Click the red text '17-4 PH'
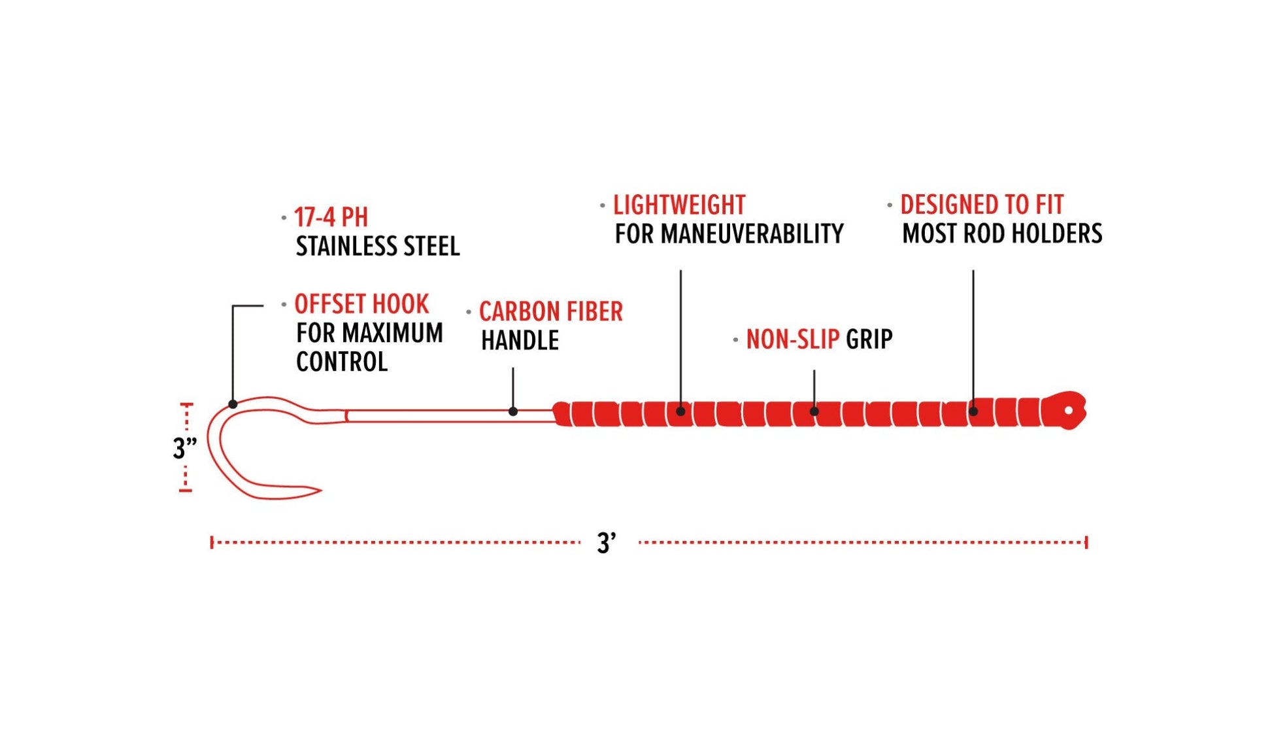coord(331,217)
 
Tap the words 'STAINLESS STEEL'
coord(378,247)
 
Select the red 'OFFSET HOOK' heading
coord(361,304)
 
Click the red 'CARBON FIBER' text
coord(551,311)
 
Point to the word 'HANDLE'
coord(520,340)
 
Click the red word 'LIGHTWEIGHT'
coord(679,205)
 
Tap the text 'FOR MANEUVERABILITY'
coord(729,233)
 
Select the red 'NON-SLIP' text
coord(793,339)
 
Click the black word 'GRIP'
coord(869,339)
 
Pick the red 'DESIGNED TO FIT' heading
coord(982,204)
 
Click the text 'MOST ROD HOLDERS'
coord(1002,233)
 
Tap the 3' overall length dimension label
coord(607,543)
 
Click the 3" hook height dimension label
coord(185,448)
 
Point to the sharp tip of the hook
coord(320,489)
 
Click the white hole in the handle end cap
coord(1069,411)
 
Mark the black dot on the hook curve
coord(233,404)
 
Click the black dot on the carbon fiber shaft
coord(513,411)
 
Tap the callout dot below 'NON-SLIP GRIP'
coord(814,411)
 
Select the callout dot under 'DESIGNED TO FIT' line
coord(973,411)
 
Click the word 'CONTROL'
coord(342,362)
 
